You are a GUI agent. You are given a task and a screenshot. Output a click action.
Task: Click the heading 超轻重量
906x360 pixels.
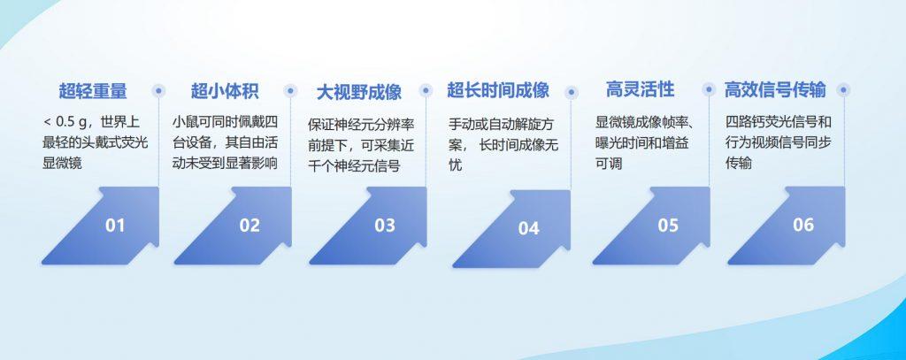click(93, 91)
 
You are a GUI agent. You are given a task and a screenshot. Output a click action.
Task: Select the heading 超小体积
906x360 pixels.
click(225, 91)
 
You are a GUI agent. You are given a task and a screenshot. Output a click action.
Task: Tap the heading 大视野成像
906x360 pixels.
click(359, 92)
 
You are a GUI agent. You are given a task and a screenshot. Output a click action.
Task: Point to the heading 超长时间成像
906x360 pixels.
click(498, 90)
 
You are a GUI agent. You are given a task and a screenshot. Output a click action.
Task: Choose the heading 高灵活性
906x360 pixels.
click(641, 89)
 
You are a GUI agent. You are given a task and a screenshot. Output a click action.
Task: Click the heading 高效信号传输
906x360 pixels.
click(775, 89)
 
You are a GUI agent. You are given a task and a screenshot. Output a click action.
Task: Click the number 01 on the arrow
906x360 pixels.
click(115, 226)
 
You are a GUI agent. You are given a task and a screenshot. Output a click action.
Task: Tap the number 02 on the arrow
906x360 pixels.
click(250, 225)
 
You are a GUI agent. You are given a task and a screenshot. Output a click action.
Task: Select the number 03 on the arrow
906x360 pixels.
click(385, 226)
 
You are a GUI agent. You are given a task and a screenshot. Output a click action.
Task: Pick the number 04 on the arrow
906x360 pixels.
click(528, 229)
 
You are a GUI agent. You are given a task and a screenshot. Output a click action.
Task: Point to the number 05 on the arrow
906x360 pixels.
click(668, 226)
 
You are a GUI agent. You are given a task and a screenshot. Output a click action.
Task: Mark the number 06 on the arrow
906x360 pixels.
click(803, 225)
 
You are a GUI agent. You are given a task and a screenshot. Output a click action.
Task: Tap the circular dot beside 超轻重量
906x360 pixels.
click(158, 91)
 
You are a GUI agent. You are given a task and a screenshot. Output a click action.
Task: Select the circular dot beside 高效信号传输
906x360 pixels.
click(843, 90)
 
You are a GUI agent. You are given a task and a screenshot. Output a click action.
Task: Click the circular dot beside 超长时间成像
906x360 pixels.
click(572, 92)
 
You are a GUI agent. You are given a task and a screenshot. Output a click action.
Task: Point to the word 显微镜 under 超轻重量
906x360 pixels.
click(63, 163)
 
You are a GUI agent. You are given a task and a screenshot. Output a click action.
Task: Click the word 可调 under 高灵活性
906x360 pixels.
click(609, 164)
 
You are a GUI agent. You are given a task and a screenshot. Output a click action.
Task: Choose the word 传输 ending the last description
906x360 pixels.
click(739, 163)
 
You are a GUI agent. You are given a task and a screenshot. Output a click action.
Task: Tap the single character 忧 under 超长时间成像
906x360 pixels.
click(456, 165)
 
